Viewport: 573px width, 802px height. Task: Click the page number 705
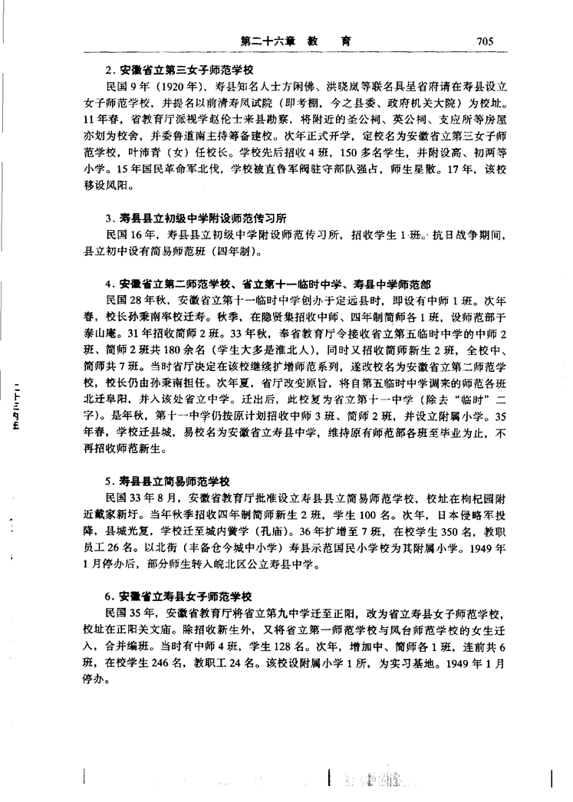click(488, 41)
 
